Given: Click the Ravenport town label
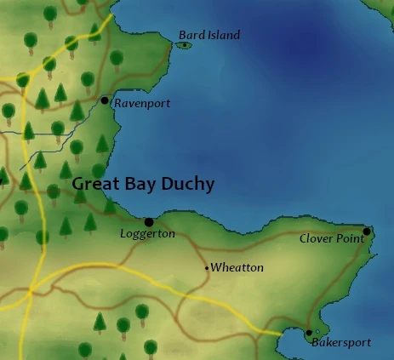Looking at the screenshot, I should coord(142,104).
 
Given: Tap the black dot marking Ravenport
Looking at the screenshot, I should coord(105,100).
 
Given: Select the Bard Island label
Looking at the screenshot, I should coord(209,35).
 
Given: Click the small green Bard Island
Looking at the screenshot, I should coord(185,45).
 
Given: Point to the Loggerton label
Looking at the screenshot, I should coord(146,232).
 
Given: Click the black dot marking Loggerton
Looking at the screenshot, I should coord(149,222).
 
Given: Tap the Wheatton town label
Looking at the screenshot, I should coord(237,268).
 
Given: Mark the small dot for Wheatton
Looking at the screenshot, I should coord(207,268).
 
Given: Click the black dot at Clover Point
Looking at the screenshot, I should coord(367,231).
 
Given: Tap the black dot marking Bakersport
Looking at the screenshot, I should coord(309,333).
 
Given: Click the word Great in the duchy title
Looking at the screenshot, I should coord(91,184).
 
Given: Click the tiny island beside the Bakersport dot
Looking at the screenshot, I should coord(318,331).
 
